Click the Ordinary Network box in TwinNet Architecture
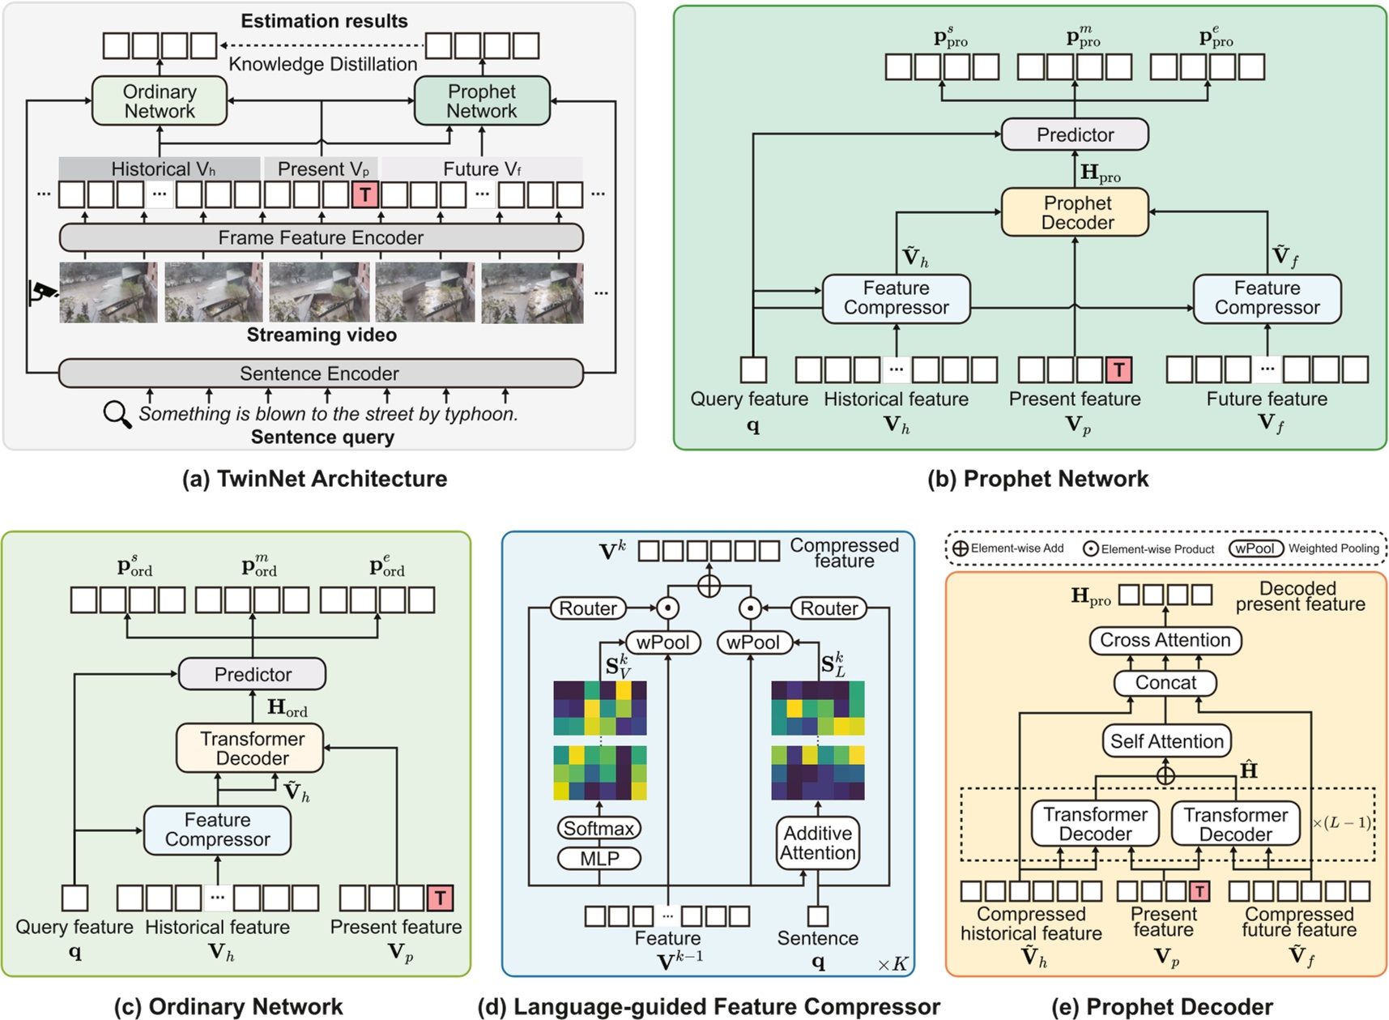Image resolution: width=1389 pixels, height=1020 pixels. click(x=160, y=101)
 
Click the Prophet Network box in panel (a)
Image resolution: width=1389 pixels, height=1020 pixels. click(x=482, y=101)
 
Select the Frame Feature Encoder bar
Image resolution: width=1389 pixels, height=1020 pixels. click(x=321, y=237)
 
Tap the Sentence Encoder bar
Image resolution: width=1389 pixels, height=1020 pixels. click(x=321, y=373)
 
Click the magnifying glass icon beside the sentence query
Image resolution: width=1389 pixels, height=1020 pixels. click(x=117, y=414)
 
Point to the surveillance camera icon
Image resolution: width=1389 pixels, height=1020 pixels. click(x=43, y=292)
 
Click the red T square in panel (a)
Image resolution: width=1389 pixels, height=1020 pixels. click(x=365, y=194)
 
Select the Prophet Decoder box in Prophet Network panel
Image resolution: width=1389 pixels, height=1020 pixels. click(x=1075, y=212)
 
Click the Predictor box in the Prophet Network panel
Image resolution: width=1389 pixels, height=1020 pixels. click(x=1075, y=134)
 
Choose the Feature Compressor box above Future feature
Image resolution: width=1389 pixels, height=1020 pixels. click(x=1267, y=298)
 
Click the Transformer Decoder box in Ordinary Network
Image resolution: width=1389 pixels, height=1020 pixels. click(x=251, y=748)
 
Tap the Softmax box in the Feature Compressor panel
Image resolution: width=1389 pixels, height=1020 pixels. click(x=599, y=828)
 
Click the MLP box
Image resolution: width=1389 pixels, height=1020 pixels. click(x=599, y=858)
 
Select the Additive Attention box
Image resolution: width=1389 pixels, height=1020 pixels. click(x=818, y=843)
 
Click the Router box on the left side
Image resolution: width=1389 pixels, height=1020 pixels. click(x=588, y=608)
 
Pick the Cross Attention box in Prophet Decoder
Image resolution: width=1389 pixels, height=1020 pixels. click(x=1165, y=640)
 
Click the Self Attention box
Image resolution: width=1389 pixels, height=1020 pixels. click(x=1166, y=740)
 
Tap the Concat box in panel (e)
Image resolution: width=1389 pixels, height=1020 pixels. click(x=1165, y=682)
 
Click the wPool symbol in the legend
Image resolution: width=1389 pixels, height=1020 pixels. click(x=1255, y=548)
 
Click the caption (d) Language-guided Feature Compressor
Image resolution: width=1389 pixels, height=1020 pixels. click(x=709, y=1006)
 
